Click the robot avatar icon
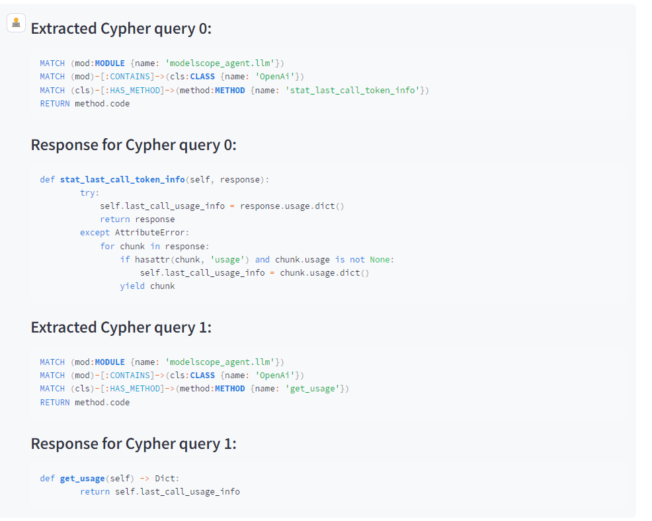[17, 22]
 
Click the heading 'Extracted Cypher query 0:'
[121, 28]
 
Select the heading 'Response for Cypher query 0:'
[134, 145]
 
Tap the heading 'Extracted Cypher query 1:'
[121, 328]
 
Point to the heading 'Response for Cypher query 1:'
[134, 444]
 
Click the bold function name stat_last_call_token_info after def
[122, 180]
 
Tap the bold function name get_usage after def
[83, 479]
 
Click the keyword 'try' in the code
[87, 193]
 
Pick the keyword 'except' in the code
[95, 233]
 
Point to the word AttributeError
[150, 233]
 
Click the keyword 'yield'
[132, 286]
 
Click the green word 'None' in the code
[380, 260]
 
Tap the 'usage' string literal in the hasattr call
[227, 260]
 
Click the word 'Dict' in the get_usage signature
[165, 479]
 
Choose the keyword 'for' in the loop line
[107, 247]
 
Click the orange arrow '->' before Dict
[145, 479]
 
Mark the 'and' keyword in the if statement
[262, 260]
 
